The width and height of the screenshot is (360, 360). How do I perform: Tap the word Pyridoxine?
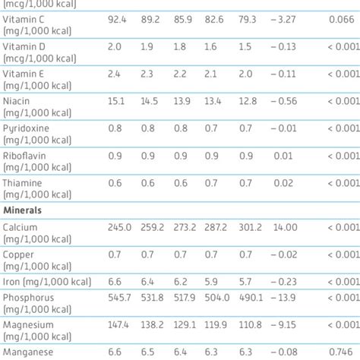26,128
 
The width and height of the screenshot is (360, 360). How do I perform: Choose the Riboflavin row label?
25,156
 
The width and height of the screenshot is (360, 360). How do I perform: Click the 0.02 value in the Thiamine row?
283,183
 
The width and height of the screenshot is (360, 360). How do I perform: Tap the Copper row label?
19,254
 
